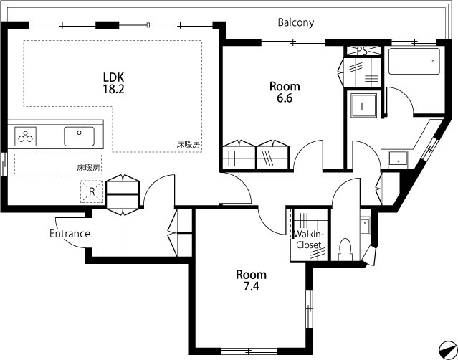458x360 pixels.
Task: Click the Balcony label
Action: (x=295, y=22)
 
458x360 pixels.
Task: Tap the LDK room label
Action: (x=114, y=77)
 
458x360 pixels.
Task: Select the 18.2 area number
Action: (x=113, y=89)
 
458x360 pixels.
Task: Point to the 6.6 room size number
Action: (x=285, y=98)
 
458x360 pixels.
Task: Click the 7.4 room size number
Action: (x=251, y=287)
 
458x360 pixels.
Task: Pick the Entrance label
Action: (x=70, y=234)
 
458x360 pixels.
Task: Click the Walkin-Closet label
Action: (x=309, y=240)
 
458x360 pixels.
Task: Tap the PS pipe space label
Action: (x=362, y=51)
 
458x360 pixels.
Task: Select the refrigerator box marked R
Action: (x=92, y=191)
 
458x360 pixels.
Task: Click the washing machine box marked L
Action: (x=363, y=106)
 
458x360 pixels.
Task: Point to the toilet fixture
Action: (x=345, y=250)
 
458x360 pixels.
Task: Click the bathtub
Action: (x=414, y=62)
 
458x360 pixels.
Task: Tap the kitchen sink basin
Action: (x=79, y=136)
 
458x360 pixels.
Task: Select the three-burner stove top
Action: (x=25, y=136)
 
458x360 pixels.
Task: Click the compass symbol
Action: (x=447, y=349)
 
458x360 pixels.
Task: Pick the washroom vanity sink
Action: (x=398, y=159)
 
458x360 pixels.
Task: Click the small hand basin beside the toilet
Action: (x=365, y=226)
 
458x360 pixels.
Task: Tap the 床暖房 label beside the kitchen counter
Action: (x=88, y=167)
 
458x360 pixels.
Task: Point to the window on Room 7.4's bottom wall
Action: (x=249, y=351)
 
